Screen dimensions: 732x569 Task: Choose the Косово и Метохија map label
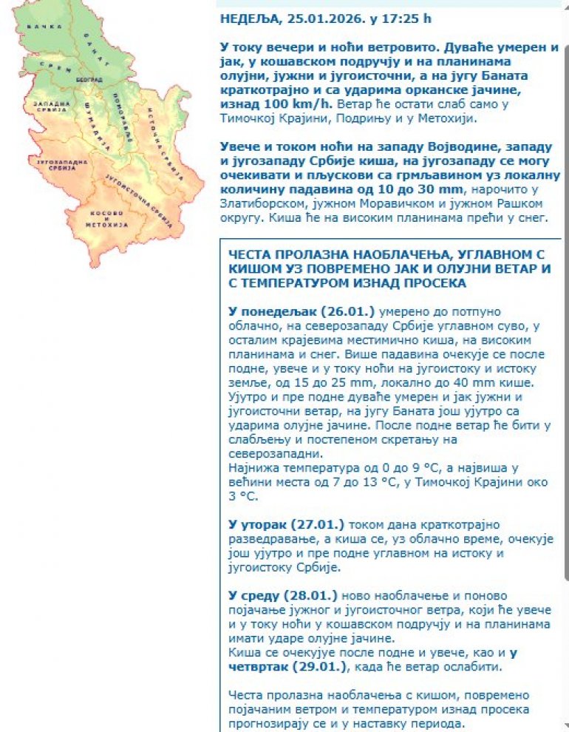tap(108, 220)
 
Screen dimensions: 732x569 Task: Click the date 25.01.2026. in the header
tap(314, 18)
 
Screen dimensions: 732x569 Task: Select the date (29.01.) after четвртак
tap(320, 666)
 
